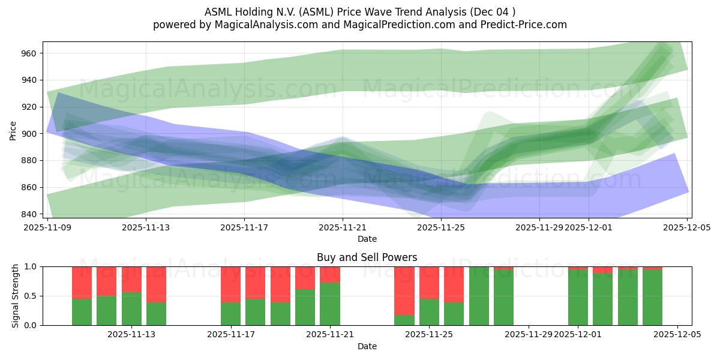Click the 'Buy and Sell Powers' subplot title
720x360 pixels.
click(367, 257)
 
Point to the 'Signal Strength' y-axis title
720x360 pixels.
click(16, 296)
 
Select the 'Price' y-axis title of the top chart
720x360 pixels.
click(13, 130)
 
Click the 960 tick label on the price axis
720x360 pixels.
click(29, 53)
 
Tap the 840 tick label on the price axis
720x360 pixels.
click(29, 214)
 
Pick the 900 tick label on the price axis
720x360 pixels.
click(29, 134)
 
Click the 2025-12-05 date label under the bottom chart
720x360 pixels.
click(677, 335)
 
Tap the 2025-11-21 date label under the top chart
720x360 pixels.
click(343, 228)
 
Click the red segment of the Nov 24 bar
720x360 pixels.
click(404, 290)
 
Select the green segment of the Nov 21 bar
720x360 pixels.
click(330, 304)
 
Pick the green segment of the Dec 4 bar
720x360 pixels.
click(652, 297)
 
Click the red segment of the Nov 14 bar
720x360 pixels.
click(156, 284)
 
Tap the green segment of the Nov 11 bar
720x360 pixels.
click(82, 312)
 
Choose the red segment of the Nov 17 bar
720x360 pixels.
click(230, 284)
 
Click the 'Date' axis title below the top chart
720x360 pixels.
click(367, 239)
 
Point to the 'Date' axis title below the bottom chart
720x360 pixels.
click(367, 346)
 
